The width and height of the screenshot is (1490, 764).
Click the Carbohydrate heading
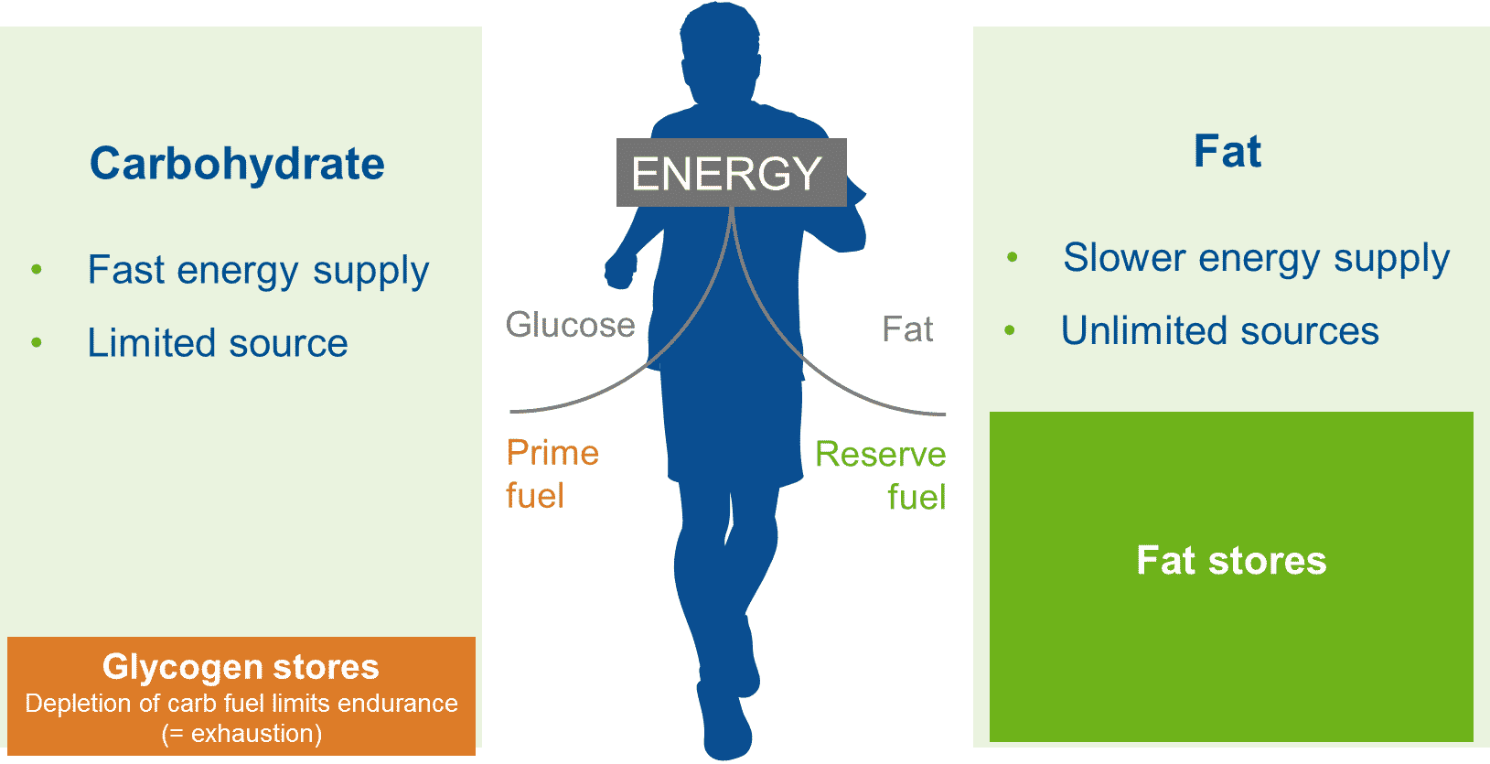point(237,165)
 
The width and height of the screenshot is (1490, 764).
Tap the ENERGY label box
point(730,173)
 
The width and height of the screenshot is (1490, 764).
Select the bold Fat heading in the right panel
point(1227,152)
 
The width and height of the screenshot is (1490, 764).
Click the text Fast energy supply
point(258,271)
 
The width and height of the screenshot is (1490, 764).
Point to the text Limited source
point(218,343)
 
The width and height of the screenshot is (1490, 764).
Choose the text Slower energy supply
point(1256,258)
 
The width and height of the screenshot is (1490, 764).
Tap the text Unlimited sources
point(1219,330)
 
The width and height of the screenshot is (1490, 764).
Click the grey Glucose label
point(570,325)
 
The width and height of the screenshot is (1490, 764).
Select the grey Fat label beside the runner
point(907,329)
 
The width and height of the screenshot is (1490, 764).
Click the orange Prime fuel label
point(552,474)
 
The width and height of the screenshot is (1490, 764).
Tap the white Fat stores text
point(1231,560)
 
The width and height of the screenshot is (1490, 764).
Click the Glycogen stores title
point(241,667)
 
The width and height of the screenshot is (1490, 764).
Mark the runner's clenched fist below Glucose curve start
point(620,272)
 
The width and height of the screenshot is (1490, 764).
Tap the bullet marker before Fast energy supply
point(37,269)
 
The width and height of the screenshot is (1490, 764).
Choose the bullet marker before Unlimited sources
point(1010,329)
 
